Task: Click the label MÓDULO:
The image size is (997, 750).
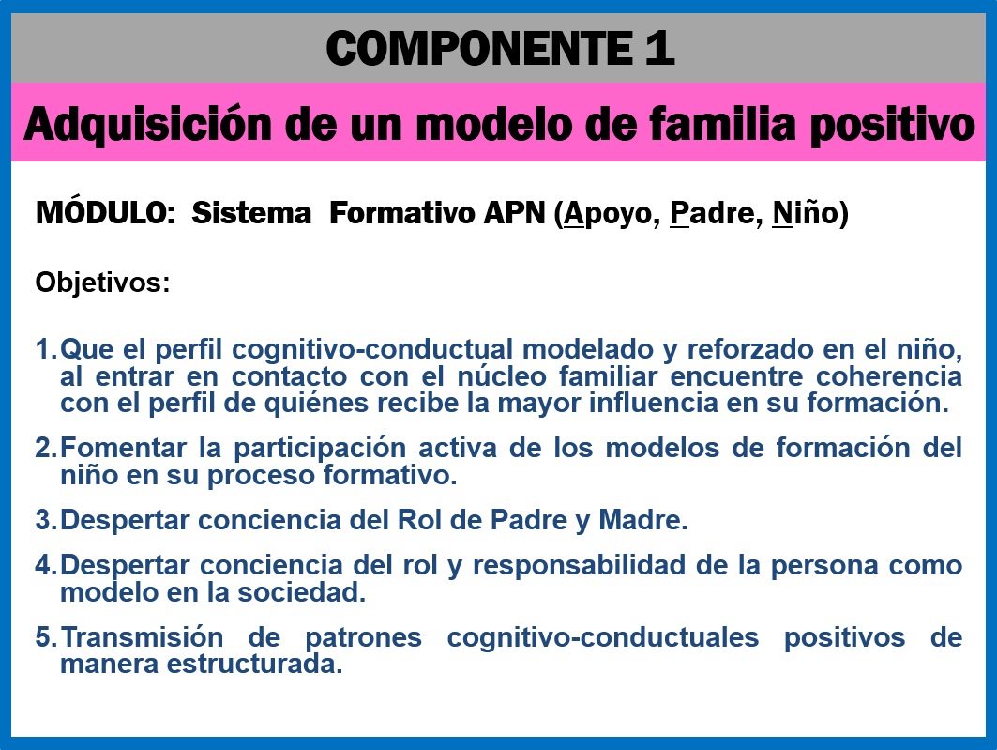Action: click(106, 211)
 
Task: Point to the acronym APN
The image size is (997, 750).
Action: click(514, 212)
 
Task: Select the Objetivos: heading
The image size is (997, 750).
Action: click(103, 283)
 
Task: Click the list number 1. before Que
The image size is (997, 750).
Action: click(46, 348)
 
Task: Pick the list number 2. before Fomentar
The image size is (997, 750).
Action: click(46, 448)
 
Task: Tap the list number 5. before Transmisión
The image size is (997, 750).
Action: click(46, 636)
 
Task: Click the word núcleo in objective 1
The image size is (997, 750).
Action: click(502, 376)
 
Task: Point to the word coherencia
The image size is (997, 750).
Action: click(889, 376)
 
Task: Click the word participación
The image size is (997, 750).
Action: click(320, 449)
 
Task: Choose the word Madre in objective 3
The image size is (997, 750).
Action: click(642, 520)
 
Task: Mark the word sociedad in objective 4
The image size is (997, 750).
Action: click(301, 592)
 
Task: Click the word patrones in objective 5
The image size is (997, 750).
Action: click(364, 638)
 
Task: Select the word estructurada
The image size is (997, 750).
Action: click(254, 664)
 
